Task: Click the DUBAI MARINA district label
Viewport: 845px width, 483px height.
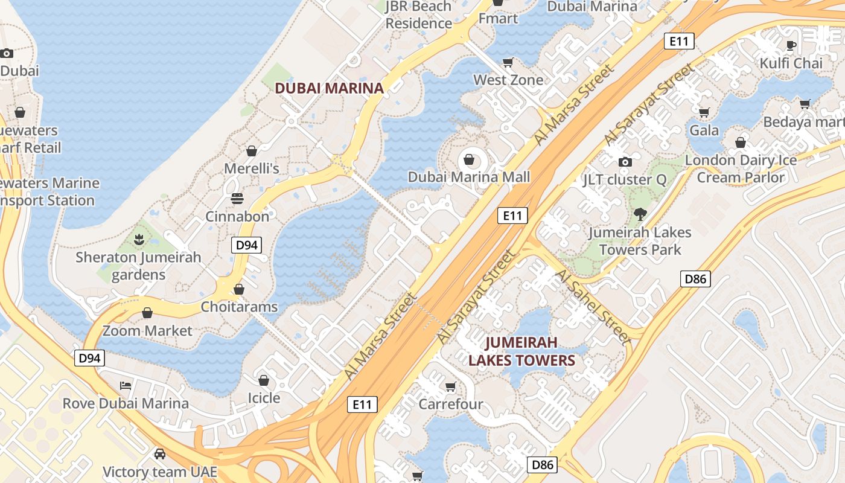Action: point(329,88)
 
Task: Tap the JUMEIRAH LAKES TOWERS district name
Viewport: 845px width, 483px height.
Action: point(521,352)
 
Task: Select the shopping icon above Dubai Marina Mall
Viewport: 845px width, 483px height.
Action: point(468,160)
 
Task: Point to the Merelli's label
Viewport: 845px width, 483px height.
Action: point(252,168)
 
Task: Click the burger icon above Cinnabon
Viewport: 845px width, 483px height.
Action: point(237,199)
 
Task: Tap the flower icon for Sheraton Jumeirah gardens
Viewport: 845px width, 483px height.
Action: point(139,240)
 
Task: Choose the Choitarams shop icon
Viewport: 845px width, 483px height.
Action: point(239,289)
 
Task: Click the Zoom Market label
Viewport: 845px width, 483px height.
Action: point(147,331)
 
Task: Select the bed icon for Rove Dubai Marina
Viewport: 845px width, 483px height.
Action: point(126,385)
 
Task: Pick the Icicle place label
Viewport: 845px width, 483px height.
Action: point(264,398)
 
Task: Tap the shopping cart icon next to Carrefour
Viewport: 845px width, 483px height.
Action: point(450,386)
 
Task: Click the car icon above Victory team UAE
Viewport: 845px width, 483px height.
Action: point(159,454)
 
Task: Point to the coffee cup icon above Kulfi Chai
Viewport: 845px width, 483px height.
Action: point(791,45)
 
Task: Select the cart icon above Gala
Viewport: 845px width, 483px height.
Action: point(704,112)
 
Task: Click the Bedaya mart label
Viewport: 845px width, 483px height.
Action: point(803,122)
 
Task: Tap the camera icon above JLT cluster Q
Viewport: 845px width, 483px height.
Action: point(625,162)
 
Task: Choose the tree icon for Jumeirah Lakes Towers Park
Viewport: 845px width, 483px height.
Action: point(640,214)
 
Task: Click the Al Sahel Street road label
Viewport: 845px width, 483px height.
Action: point(593,305)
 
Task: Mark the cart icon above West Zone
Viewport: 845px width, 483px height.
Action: point(508,62)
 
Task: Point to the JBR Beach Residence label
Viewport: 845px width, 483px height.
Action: point(419,15)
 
